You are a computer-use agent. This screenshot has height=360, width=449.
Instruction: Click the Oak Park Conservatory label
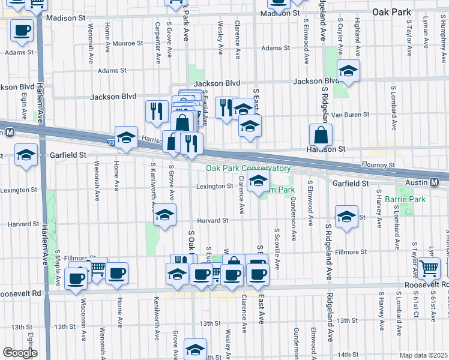[x=248, y=169]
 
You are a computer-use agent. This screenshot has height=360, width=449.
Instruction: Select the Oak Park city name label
[x=391, y=11]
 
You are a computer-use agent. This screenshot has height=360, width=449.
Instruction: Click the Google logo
[x=20, y=353]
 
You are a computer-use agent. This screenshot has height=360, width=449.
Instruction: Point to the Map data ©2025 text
[x=424, y=355]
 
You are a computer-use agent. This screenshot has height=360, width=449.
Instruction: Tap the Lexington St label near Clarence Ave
[x=214, y=187]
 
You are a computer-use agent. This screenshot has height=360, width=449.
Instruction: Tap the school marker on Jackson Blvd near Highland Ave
[x=348, y=70]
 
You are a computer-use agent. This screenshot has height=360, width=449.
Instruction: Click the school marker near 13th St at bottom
[x=195, y=349]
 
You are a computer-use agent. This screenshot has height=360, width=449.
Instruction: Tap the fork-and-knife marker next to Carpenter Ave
[x=155, y=110]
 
